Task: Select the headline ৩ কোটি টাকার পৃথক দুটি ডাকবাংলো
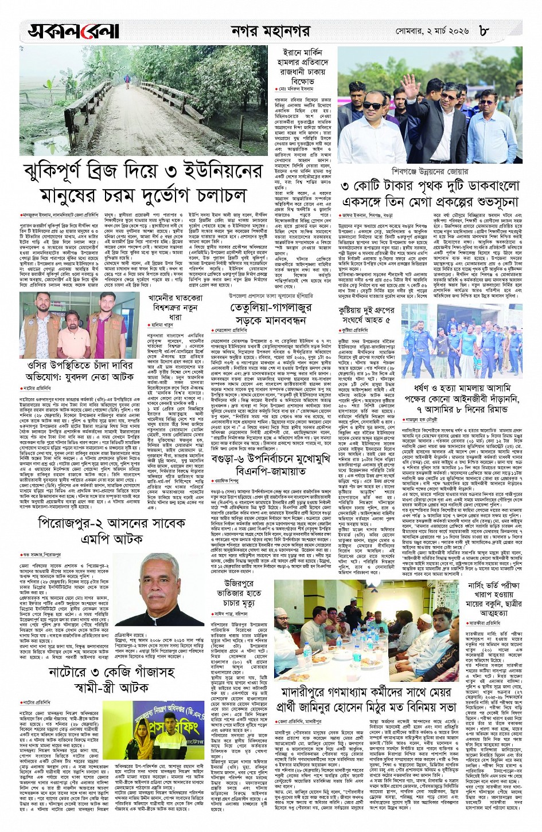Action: click(430, 186)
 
